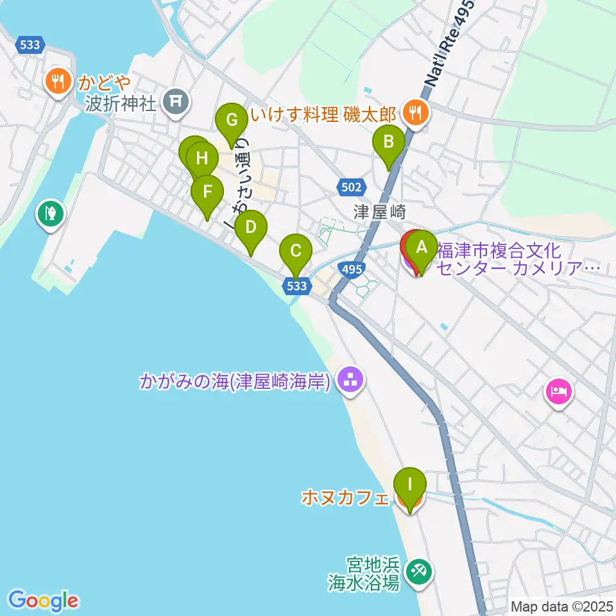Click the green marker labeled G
pyautogui.click(x=231, y=120)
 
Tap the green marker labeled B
pyautogui.click(x=388, y=141)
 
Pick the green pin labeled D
pyautogui.click(x=250, y=227)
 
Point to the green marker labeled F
pyautogui.click(x=207, y=192)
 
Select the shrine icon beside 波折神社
pyautogui.click(x=175, y=101)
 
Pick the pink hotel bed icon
pyautogui.click(x=557, y=391)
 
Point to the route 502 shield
pyautogui.click(x=351, y=187)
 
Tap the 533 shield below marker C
pyautogui.click(x=297, y=286)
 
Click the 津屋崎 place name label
pyautogui.click(x=377, y=211)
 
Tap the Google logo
pyautogui.click(x=43, y=601)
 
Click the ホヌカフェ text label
pyautogui.click(x=345, y=497)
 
